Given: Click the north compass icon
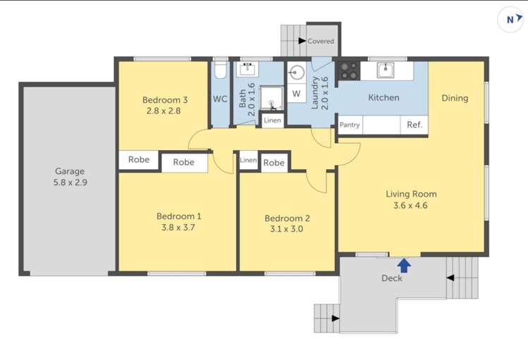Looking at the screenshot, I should tap(510, 20).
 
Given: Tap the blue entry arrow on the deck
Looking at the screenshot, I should tap(404, 266).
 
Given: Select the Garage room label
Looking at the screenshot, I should tap(70, 170).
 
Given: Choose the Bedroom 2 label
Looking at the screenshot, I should tap(287, 218).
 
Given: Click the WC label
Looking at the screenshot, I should tap(220, 99).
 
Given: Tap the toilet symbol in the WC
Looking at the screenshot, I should tap(220, 70).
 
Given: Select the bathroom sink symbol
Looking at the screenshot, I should tap(247, 68).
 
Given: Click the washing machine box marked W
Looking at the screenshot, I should tap(296, 93).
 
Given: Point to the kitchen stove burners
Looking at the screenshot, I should tap(348, 70).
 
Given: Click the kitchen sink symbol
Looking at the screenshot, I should tap(385, 69).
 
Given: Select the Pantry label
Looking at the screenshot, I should tap(350, 125).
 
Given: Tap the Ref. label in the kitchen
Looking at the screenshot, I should tap(415, 125).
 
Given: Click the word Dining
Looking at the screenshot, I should tap(455, 98).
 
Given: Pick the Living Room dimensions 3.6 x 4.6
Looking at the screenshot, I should tap(411, 206).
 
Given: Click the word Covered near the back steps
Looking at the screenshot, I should tap(321, 42).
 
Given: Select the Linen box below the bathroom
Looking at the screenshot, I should tap(272, 120).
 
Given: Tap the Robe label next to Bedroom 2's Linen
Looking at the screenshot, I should tap(274, 163).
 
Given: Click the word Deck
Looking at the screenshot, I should tap(392, 278).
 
